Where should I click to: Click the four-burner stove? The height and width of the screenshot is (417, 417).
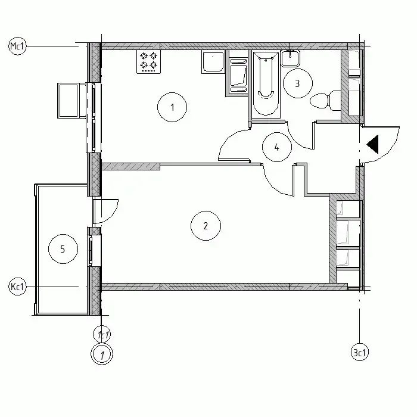pos(149,61)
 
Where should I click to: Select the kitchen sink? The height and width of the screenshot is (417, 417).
pos(213,62)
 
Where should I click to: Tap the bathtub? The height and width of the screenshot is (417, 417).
pos(266,84)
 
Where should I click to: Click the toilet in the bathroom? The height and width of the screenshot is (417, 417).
pos(325,101)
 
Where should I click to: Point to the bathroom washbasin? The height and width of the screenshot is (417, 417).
pos(291,58)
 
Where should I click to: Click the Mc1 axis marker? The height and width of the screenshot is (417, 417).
pos(17,46)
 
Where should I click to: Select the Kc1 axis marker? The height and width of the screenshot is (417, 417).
pos(17,287)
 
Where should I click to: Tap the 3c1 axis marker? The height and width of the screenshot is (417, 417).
pos(360,353)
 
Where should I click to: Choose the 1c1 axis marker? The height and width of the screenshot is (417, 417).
pos(102,335)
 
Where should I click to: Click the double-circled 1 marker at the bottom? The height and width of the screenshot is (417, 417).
pos(102,354)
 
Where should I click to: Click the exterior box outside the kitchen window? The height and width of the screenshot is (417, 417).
pos(69,101)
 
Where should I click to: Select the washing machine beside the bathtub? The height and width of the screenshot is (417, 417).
pos(238,76)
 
